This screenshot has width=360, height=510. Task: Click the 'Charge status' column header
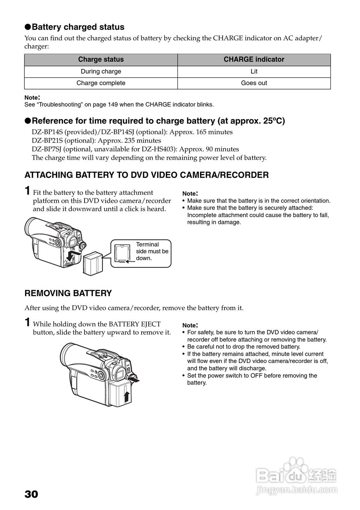(x=101, y=59)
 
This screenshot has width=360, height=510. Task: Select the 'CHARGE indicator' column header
(x=254, y=59)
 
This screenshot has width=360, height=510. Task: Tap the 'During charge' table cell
(x=101, y=71)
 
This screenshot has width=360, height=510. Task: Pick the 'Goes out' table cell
(x=254, y=83)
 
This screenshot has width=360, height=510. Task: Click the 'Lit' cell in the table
(x=254, y=71)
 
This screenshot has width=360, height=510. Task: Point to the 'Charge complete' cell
(x=101, y=83)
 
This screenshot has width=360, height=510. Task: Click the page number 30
(x=31, y=494)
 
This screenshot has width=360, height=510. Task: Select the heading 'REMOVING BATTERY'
(x=68, y=293)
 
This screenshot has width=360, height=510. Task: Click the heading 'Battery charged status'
(x=78, y=27)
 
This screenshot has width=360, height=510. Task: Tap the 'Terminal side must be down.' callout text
(x=152, y=251)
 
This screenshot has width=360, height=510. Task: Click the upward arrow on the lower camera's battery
(x=126, y=397)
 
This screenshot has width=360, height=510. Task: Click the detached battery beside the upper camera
(x=92, y=263)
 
